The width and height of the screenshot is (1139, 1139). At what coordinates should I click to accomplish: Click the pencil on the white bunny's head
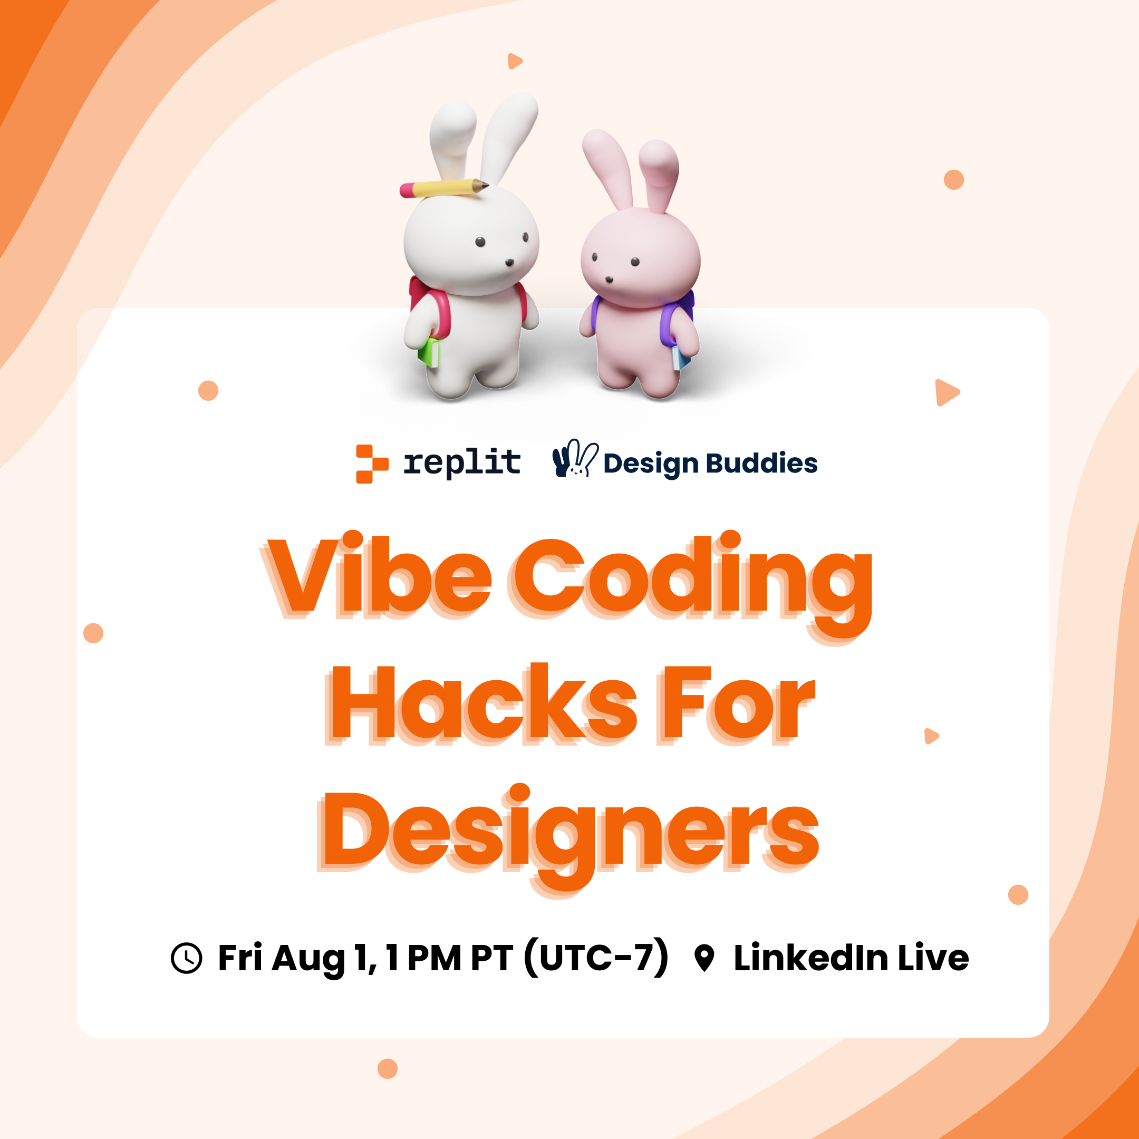click(x=444, y=188)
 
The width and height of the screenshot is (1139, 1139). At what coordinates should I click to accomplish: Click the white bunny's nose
click(x=509, y=263)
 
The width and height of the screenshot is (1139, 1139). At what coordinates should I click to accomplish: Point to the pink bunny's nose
click(x=609, y=279)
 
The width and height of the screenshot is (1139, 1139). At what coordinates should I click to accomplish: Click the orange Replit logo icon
click(x=372, y=464)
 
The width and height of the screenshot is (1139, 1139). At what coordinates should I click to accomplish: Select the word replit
click(x=461, y=463)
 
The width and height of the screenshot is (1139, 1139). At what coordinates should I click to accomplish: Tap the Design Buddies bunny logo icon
click(x=575, y=458)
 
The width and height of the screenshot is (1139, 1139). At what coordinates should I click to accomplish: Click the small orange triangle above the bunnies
click(x=515, y=61)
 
